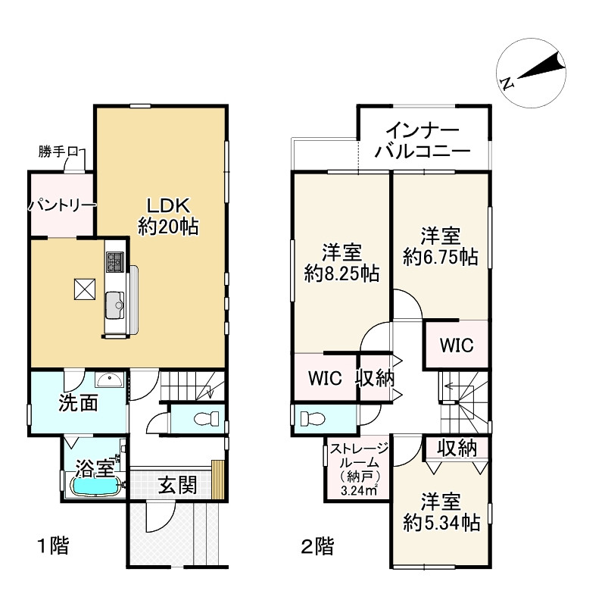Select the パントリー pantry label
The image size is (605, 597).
(x=62, y=205)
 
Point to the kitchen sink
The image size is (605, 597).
(x=117, y=304)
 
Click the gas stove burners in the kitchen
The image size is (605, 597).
(x=116, y=262)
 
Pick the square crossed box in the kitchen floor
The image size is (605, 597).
(x=83, y=289)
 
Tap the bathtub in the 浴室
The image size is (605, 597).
(x=95, y=486)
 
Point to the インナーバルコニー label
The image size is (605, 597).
(x=422, y=140)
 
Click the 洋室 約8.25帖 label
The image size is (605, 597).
(x=341, y=263)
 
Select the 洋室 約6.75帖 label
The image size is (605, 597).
(x=440, y=246)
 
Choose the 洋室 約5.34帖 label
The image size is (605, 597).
(x=441, y=511)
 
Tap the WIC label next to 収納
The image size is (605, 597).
(x=324, y=377)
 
